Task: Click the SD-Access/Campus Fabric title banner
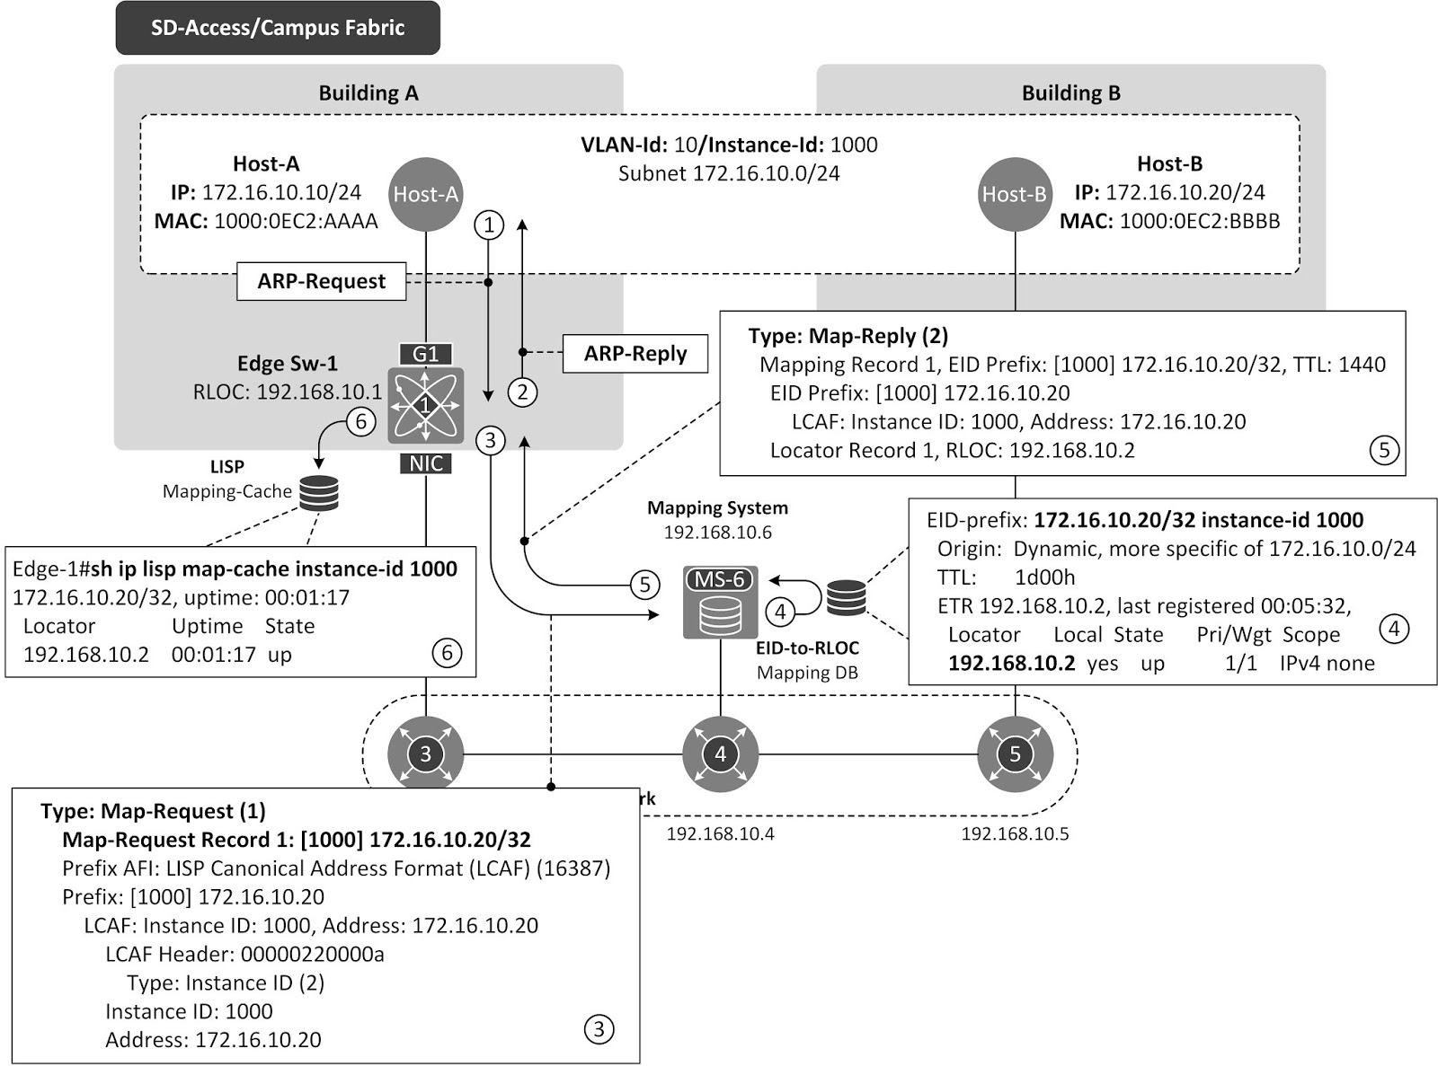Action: (x=278, y=28)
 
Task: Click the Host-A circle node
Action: (x=426, y=194)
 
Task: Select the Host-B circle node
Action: (x=1014, y=194)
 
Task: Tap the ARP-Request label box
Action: (x=321, y=281)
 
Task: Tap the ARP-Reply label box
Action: (x=635, y=354)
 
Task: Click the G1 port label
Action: (x=426, y=354)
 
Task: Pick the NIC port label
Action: (x=426, y=463)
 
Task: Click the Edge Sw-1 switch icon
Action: (x=426, y=406)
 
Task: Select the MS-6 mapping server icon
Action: (x=720, y=603)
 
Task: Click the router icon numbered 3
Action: (x=426, y=753)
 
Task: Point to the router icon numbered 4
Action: (x=720, y=753)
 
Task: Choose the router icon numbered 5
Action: (x=1015, y=753)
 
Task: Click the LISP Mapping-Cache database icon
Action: (x=319, y=493)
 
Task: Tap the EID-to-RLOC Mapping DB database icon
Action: (x=846, y=597)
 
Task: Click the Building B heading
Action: (x=1070, y=93)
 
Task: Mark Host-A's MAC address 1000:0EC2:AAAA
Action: (x=296, y=221)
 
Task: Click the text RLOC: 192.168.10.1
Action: (x=288, y=392)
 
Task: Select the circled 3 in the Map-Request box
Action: (x=599, y=1028)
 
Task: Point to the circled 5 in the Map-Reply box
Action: (x=1384, y=450)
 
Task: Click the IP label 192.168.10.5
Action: (x=1015, y=833)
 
